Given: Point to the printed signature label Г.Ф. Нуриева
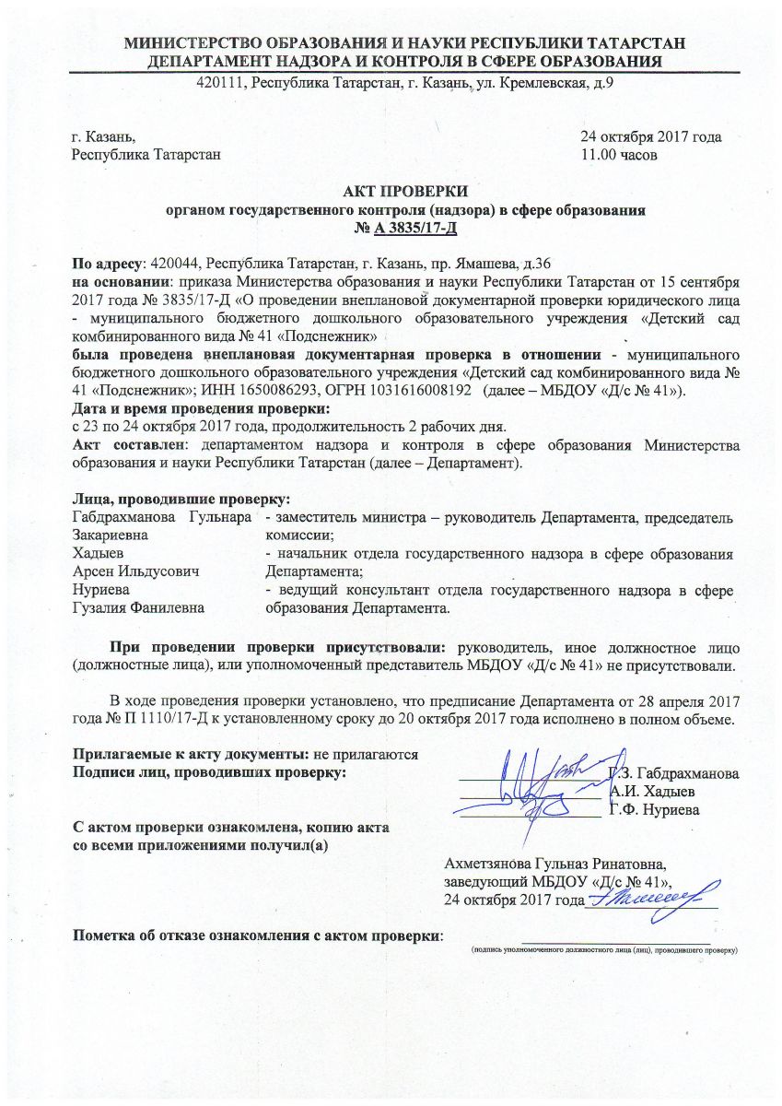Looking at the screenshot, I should pos(653,809).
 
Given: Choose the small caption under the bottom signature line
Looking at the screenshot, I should pos(604,948).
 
